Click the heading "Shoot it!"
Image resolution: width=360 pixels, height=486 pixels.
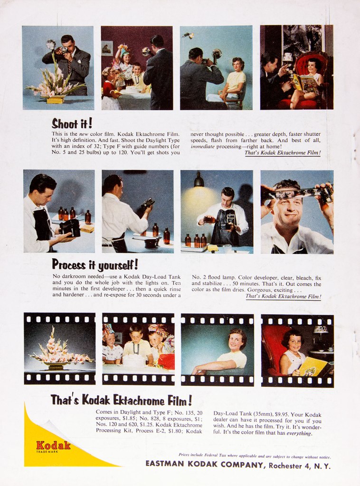72,124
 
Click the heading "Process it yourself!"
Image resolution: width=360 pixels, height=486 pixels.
95,265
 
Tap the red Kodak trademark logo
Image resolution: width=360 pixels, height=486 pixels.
53,446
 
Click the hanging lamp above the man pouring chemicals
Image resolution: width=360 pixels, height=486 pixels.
199,180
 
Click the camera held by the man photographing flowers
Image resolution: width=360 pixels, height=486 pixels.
64,49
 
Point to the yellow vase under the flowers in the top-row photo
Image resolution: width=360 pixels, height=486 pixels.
55,99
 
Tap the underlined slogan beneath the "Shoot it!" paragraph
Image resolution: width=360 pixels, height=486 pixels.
283,153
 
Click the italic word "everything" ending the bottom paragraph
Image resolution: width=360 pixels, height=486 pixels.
299,433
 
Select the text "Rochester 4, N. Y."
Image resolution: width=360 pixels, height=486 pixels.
299,466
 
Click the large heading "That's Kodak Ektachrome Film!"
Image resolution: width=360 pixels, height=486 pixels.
122,401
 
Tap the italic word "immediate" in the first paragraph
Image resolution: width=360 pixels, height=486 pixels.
204,146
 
